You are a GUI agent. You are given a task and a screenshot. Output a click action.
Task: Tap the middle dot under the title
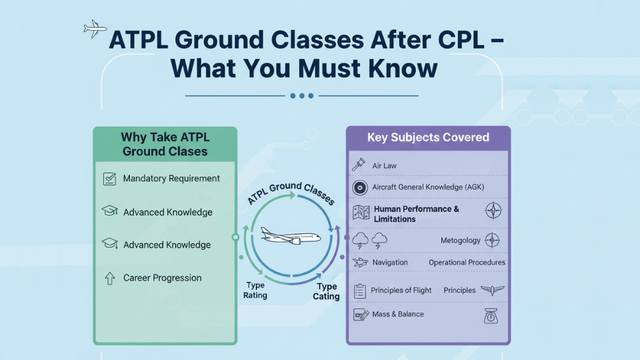[x=302, y=96]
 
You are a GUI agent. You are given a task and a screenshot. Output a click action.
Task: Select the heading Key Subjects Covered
[x=428, y=137]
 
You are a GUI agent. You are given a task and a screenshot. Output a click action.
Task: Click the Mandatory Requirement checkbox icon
[x=109, y=179]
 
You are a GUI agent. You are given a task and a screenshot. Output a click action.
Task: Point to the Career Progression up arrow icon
[x=109, y=278]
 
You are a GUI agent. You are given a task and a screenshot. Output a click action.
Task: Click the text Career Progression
[x=162, y=278]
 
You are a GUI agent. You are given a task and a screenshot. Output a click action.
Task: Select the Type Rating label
[x=256, y=290]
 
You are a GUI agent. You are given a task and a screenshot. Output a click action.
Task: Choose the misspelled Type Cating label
[x=326, y=291]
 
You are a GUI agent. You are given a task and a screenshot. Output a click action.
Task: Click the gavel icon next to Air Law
[x=359, y=165]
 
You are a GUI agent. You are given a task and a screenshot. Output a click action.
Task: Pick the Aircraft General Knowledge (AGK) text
[x=428, y=187]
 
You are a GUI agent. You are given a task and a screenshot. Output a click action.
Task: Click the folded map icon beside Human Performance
[x=361, y=213]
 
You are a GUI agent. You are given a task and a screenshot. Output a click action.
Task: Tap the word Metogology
[x=461, y=241]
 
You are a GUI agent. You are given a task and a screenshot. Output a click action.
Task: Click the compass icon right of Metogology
[x=492, y=240]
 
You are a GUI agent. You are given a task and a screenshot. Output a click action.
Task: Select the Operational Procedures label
[x=467, y=262]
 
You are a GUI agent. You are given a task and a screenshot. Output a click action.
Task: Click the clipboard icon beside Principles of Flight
[x=360, y=291]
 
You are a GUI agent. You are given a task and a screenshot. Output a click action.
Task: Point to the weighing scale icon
[x=492, y=316]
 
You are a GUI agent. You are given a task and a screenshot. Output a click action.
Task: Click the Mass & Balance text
[x=398, y=314]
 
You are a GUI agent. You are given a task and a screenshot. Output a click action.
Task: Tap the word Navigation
[x=390, y=262]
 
